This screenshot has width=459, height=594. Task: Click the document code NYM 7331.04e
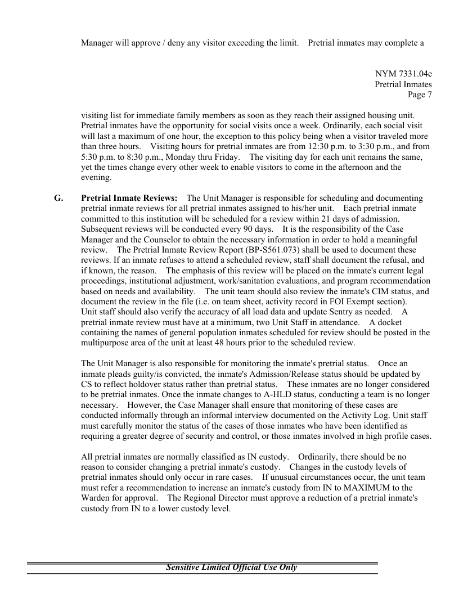[403, 74]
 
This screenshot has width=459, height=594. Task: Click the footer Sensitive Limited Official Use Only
[231, 566]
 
